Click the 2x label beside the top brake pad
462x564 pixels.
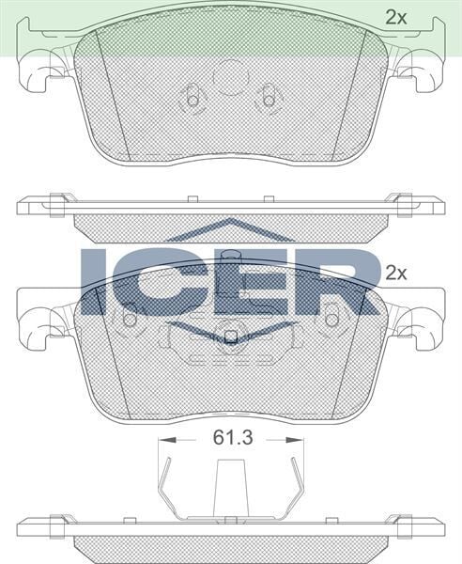pyautogui.click(x=396, y=16)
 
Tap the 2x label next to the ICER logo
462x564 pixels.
pyautogui.click(x=396, y=274)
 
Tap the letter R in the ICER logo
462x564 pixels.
pyautogui.click(x=324, y=281)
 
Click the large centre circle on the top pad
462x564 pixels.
pyautogui.click(x=230, y=78)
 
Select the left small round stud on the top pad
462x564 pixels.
pyautogui.click(x=192, y=97)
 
